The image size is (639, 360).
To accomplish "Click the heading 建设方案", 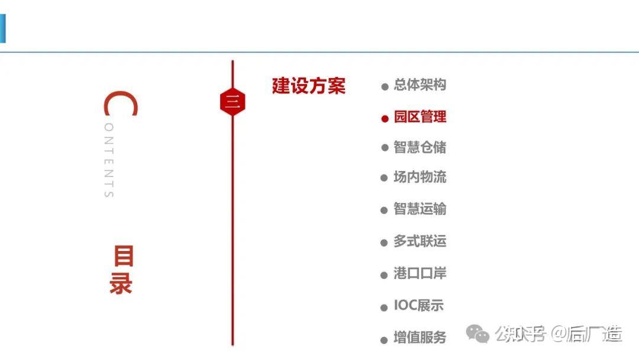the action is (308, 86).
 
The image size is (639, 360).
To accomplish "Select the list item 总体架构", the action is (419, 85).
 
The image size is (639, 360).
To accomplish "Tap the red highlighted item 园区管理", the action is (419, 117).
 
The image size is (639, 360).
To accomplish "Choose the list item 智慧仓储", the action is (419, 147).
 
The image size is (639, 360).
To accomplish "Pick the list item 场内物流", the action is (419, 177).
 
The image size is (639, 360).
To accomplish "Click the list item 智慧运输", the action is (419, 209).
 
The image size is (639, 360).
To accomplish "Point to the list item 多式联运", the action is (419, 242).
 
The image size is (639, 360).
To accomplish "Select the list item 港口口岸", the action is (419, 274).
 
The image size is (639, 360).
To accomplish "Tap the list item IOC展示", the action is (418, 306).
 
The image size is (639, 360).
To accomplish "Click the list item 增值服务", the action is (419, 338).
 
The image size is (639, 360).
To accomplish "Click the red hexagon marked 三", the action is (232, 102).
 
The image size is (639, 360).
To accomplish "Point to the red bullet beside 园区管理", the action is (385, 118).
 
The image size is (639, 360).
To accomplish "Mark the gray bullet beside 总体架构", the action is (385, 87).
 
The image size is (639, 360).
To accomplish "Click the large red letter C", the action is (120, 104).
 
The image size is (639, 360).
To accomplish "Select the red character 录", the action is (121, 284).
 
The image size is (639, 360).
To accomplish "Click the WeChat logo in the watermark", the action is (477, 335).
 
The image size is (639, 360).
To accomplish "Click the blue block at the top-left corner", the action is (2, 28).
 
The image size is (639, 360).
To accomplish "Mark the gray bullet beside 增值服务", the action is (385, 340).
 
